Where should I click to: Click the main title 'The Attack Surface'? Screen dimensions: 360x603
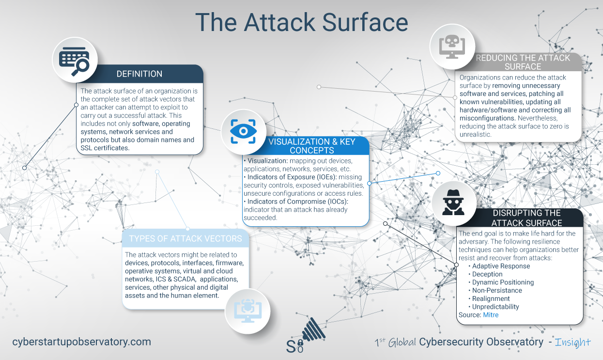tap(301, 23)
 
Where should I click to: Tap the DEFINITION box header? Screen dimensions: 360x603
tap(139, 74)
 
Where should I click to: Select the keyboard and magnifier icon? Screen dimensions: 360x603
tap(75, 59)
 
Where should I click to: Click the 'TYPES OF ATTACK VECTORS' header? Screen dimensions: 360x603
tap(186, 239)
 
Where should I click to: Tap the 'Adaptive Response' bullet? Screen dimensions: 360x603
tap(501, 266)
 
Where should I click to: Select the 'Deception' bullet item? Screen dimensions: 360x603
tap(487, 274)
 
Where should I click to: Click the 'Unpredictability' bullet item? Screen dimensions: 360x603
tap(495, 307)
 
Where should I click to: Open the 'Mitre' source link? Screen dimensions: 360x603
tap(491, 315)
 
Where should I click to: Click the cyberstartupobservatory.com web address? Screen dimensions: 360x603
tap(82, 342)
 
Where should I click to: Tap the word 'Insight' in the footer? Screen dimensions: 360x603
tap(573, 342)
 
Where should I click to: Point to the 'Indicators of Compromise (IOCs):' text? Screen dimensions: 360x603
tap(297, 201)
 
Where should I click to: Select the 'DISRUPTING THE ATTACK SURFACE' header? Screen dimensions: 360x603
tap(526, 218)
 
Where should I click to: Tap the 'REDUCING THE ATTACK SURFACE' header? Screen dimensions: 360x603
tap(523, 62)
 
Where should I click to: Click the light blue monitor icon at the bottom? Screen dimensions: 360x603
tap(247, 310)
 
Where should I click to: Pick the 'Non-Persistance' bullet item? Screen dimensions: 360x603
tap(497, 290)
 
